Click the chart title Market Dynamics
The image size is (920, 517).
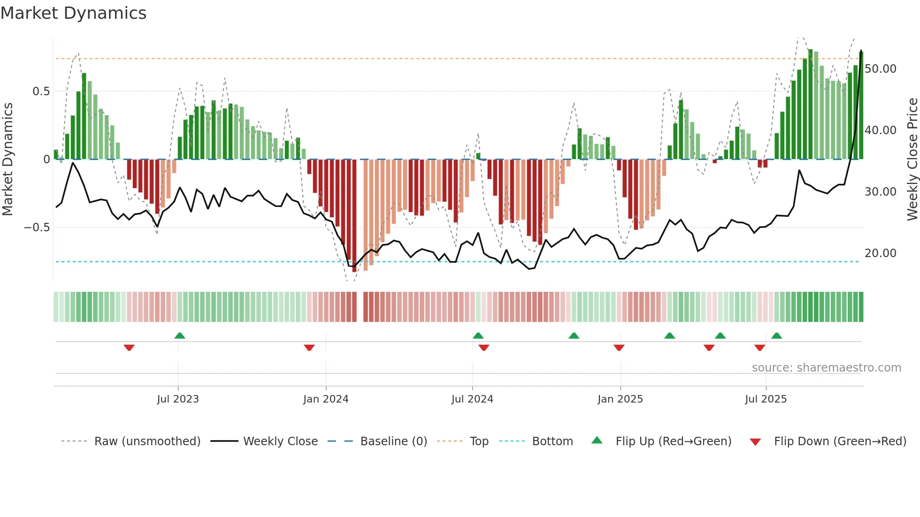(x=73, y=13)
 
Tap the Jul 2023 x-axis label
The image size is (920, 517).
(x=178, y=399)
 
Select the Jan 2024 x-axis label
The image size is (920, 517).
(x=326, y=399)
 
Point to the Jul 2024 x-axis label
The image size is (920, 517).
(x=472, y=399)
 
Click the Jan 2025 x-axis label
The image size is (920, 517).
(x=620, y=399)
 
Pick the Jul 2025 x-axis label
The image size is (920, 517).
(x=766, y=399)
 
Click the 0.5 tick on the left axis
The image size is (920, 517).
(x=41, y=91)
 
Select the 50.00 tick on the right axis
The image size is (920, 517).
(x=881, y=69)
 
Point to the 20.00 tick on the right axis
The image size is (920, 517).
(x=881, y=253)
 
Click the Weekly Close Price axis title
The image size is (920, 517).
(x=912, y=160)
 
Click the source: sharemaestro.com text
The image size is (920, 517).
(x=826, y=368)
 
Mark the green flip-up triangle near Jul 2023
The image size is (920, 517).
(x=180, y=336)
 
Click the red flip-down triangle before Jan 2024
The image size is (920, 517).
(x=309, y=348)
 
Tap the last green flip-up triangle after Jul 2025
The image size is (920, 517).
(x=776, y=336)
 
